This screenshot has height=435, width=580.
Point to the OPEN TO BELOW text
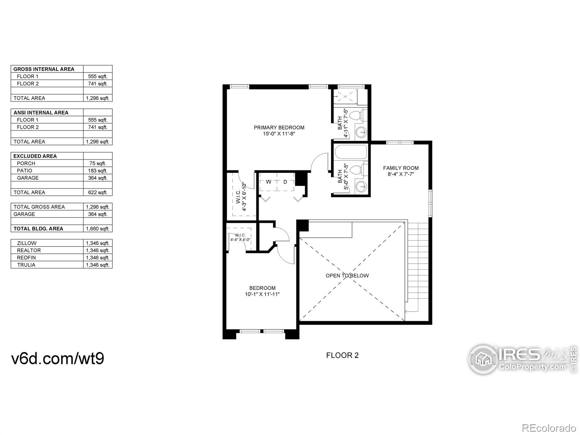[x=347, y=275]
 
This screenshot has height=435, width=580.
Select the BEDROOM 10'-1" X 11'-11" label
[x=262, y=291]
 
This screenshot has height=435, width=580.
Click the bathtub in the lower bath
[x=351, y=152]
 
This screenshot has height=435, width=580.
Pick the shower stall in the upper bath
[x=345, y=97]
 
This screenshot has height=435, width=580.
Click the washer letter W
[x=269, y=182]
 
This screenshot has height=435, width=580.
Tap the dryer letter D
[x=285, y=182]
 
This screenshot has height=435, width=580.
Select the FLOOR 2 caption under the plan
[x=342, y=355]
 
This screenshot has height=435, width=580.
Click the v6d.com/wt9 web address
[x=58, y=359]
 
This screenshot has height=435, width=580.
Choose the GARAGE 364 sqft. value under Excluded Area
[x=98, y=178]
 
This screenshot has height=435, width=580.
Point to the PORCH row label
[x=26, y=163]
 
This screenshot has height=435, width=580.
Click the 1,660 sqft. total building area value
[x=98, y=229]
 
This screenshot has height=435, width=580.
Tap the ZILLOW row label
[x=27, y=243]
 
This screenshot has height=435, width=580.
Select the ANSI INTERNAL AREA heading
[x=41, y=112]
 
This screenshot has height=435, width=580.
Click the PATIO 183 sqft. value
[x=98, y=171]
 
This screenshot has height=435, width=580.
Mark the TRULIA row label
[x=26, y=265]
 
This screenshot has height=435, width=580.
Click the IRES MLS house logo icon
[x=483, y=359]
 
